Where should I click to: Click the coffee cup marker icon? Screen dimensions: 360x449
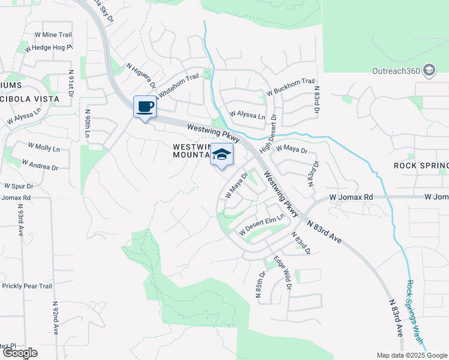pyautogui.click(x=144, y=107)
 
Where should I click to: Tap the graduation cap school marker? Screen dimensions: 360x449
pyautogui.click(x=221, y=154)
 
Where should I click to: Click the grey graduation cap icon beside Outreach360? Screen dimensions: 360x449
pyautogui.click(x=429, y=71)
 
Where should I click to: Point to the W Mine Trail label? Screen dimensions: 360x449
pyautogui.click(x=53, y=35)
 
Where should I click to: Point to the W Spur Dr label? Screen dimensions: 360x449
pyautogui.click(x=17, y=186)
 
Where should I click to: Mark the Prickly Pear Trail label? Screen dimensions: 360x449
pyautogui.click(x=28, y=286)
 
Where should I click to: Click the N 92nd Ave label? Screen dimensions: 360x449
pyautogui.click(x=55, y=318)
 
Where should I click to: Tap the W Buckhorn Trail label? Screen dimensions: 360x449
pyautogui.click(x=294, y=82)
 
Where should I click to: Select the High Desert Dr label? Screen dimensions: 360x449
pyautogui.click(x=269, y=134)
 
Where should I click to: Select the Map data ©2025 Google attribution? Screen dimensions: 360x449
pyautogui.click(x=411, y=355)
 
